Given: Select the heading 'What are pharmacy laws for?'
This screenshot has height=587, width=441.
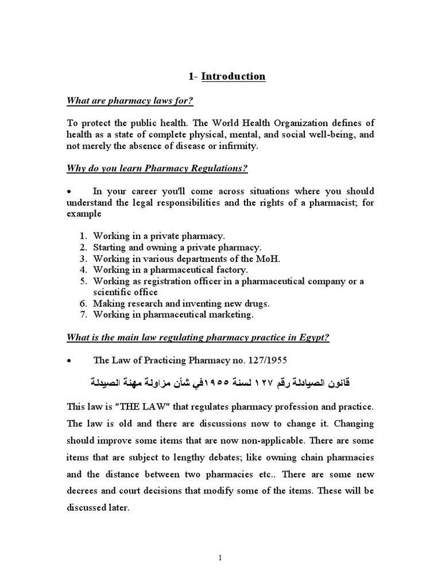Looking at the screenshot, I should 130,101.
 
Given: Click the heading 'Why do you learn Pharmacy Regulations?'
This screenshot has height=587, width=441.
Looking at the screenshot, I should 158,169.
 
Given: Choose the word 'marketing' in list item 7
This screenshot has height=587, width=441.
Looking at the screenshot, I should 233,314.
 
